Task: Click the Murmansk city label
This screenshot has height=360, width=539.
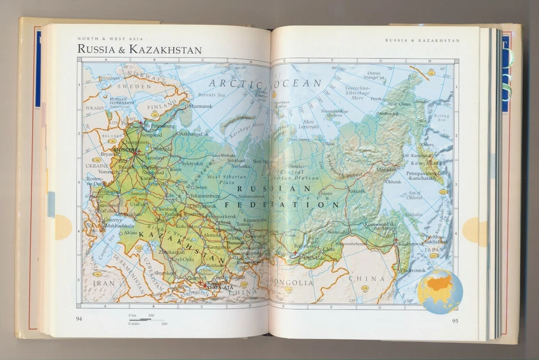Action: click(x=200, y=106)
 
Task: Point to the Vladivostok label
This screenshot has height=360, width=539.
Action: click(x=411, y=270)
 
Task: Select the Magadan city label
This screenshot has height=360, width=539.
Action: click(x=386, y=169)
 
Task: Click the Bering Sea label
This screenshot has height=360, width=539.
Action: click(x=441, y=117)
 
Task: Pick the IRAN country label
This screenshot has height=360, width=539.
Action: click(x=104, y=284)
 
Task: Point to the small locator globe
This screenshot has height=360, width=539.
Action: click(x=440, y=291)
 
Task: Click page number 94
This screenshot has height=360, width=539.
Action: click(x=81, y=320)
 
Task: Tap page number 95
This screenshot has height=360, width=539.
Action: click(x=455, y=321)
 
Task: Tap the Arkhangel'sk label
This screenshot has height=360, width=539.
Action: click(x=194, y=134)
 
